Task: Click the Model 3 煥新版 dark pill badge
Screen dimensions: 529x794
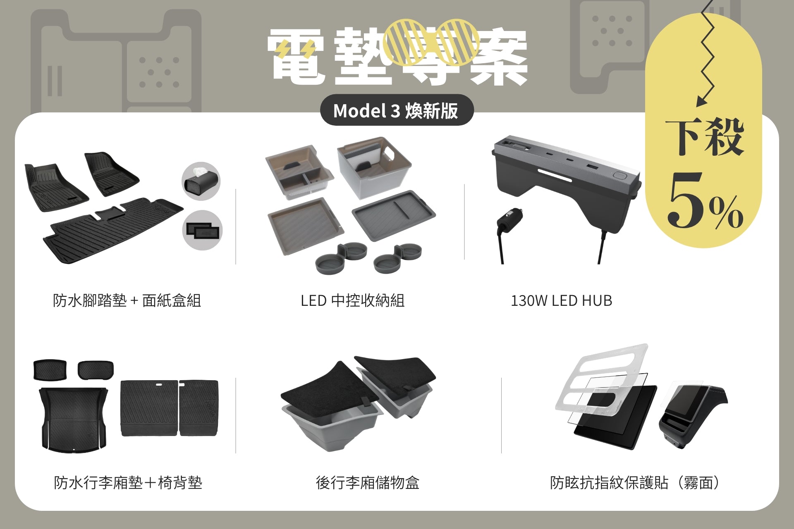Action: pos(397,110)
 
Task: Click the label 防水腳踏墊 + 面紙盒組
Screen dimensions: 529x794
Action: pos(127,300)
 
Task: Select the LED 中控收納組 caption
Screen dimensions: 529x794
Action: pos(352,300)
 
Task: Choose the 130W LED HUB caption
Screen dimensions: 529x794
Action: pos(561,300)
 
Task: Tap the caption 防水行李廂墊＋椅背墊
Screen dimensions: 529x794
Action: pos(128,482)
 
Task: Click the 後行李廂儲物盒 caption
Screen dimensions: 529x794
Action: pos(367,482)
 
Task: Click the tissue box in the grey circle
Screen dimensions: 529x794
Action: pos(201,181)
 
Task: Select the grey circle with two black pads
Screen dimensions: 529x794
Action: pos(202,230)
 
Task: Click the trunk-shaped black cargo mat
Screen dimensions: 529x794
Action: pos(74,417)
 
